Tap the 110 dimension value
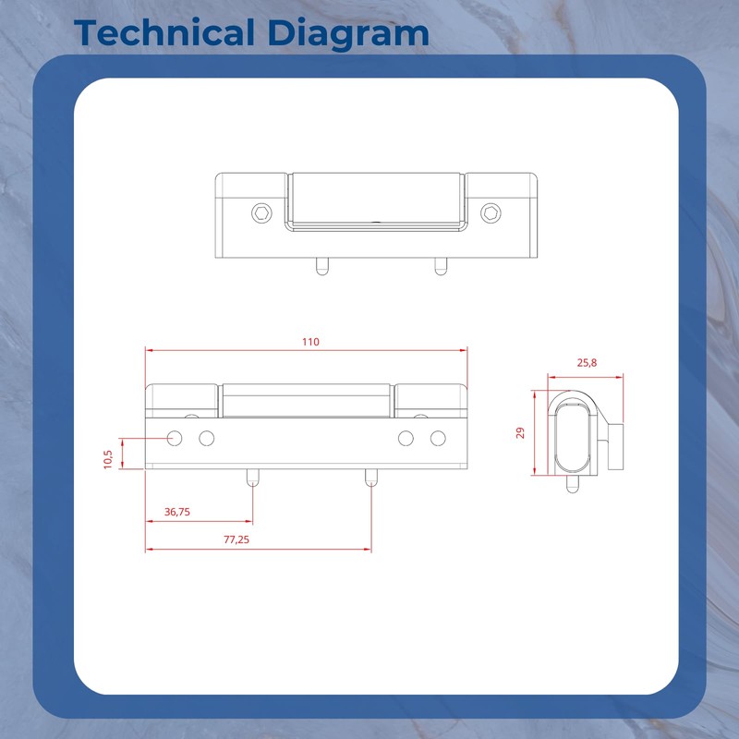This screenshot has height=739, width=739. coord(309,342)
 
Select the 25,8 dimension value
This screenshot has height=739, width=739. coord(587,363)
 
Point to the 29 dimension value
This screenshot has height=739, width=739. coord(521,432)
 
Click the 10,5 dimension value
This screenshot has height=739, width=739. coord(108,458)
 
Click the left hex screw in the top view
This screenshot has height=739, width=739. coord(262,213)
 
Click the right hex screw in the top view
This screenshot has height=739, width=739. coord(491,213)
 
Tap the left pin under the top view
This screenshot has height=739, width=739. coord(321,265)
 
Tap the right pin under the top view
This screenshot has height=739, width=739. coord(440,265)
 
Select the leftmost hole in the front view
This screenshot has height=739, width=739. coord(175,437)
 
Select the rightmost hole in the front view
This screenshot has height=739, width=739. coord(438,437)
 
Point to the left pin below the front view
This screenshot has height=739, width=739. coord(252,478)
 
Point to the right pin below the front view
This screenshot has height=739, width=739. coord(370,478)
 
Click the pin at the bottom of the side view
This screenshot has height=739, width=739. coord(573,484)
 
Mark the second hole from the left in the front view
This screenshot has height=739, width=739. coord(207,437)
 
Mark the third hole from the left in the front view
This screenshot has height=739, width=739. coord(406,437)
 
